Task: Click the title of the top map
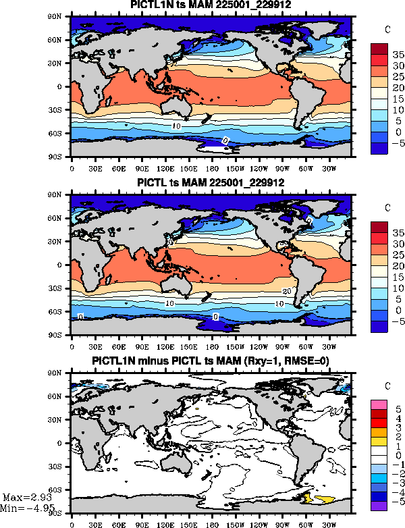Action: coord(211,5)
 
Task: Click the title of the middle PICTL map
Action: coord(211,183)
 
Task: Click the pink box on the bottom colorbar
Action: coord(378,404)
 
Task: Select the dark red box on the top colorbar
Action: coord(378,49)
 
